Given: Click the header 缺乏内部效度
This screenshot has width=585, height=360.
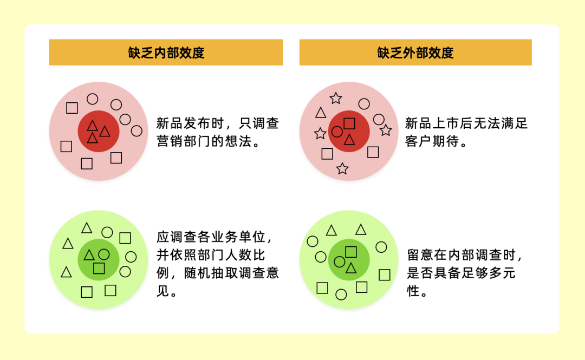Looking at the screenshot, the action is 166,53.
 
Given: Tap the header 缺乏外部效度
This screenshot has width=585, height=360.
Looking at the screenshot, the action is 415,53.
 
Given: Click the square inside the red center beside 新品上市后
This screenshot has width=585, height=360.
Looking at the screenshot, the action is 349,123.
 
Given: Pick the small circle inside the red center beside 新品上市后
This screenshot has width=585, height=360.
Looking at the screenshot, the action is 337,132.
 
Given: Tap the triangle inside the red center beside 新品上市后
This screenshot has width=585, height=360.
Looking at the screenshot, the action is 349,140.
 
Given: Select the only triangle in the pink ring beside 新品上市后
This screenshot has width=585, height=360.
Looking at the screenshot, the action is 321,113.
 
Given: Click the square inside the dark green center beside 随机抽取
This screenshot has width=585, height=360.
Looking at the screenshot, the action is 99,268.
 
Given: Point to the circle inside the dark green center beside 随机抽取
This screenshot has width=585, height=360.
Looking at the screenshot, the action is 104,254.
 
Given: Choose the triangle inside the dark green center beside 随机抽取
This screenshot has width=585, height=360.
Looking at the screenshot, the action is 89,255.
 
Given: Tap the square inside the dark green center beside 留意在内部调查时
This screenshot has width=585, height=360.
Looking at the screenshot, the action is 351,251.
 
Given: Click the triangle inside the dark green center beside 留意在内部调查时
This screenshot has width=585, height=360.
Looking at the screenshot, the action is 351,268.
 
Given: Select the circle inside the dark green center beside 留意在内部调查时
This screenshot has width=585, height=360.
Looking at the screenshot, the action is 340,262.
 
